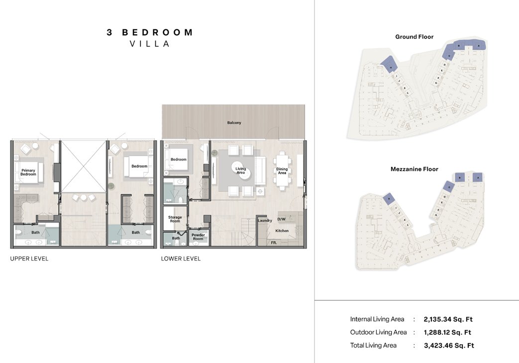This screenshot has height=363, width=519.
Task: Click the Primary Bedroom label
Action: click(28, 172)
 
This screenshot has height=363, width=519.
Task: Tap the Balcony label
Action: click(234, 122)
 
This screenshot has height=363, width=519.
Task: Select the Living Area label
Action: click(240, 170)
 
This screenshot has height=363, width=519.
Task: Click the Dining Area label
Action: click(282, 171)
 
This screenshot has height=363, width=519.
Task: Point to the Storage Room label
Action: click(175, 219)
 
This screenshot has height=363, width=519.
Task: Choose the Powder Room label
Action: click(198, 237)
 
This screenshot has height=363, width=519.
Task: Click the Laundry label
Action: click(265, 220)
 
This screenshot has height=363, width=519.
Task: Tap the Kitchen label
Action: click(282, 231)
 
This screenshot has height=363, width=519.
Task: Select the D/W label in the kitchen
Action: click(281, 219)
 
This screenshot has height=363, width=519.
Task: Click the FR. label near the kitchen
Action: click(274, 243)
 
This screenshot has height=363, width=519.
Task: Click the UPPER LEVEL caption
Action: click(29, 259)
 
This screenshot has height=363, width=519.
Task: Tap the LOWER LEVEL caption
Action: click(181, 259)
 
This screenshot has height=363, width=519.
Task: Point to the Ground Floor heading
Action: click(414, 37)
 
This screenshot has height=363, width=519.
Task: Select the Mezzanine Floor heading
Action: click(414, 169)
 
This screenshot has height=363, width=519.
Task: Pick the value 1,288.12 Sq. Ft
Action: click(447, 332)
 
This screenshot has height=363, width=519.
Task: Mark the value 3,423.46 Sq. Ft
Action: click(449, 345)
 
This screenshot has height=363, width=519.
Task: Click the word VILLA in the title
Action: click(150, 44)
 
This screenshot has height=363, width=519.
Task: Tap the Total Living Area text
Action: click(373, 345)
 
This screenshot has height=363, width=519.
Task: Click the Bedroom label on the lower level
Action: click(179, 160)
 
